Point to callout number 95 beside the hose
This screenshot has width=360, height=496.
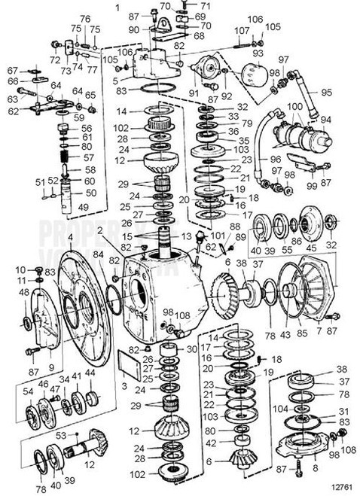pyautogui.click(x=349, y=93)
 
